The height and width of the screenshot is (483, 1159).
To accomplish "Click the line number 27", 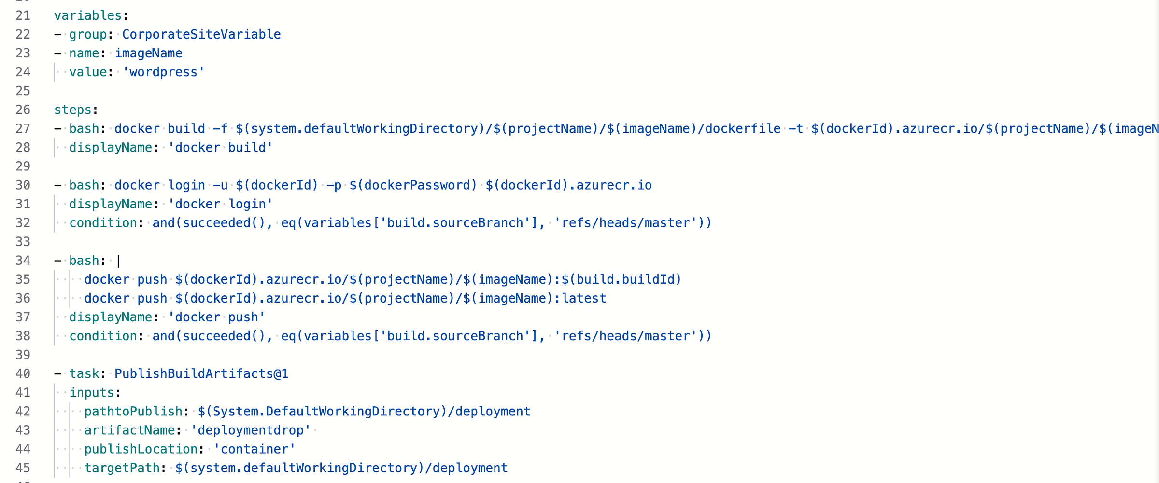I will click(23, 129).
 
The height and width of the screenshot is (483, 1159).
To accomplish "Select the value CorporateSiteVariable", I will click(201, 35).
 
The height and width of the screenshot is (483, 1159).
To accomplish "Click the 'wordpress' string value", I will click(163, 72).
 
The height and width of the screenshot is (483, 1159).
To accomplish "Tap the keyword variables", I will click(87, 16).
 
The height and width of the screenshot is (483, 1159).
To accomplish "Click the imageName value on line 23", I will click(148, 54).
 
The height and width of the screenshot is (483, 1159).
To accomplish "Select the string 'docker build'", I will click(220, 148).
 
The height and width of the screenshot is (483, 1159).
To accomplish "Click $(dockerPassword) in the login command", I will click(413, 185).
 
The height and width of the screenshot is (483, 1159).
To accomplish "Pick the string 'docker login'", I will click(220, 204).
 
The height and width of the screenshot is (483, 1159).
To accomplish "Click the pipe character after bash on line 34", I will click(119, 261).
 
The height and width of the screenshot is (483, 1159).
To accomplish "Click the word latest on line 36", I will click(584, 299).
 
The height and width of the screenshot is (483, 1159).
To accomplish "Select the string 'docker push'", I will click(216, 317).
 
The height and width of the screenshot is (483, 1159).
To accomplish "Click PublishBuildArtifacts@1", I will click(201, 374).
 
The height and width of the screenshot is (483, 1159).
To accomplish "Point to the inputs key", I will click(92, 393).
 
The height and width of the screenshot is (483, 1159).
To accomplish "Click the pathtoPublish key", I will click(133, 412).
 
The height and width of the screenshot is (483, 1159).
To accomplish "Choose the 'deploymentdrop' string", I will click(250, 430).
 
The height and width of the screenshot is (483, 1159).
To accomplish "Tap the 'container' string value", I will click(254, 449).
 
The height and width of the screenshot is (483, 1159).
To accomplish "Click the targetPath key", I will click(122, 468).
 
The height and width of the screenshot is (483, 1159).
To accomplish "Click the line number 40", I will click(23, 374).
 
